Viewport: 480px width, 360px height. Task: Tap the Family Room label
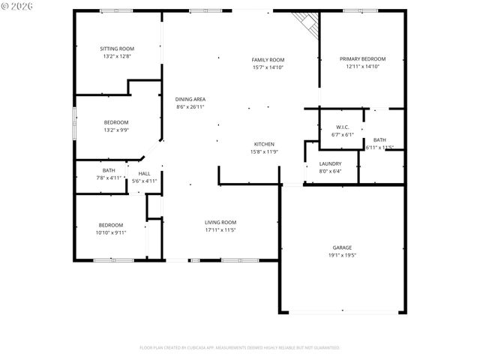click(268, 59)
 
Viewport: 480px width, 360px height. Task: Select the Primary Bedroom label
click(362, 58)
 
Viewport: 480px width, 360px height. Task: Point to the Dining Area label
click(190, 99)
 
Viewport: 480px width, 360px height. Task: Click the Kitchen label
click(264, 144)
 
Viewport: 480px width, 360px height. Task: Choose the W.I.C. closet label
click(342, 127)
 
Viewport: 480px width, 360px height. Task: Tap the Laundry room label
click(330, 163)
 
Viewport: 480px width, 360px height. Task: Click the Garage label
click(342, 247)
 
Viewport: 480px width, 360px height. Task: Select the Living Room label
click(220, 222)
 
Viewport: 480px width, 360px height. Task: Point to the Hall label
click(144, 173)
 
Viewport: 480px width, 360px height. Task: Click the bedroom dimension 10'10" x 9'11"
click(111, 232)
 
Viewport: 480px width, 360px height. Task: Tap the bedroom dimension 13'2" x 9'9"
click(115, 130)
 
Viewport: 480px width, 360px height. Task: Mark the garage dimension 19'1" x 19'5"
click(342, 255)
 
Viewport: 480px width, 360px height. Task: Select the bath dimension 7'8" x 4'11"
click(109, 178)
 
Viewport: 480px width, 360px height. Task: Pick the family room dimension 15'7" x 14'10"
click(268, 67)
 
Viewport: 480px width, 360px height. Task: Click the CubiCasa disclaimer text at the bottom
click(240, 347)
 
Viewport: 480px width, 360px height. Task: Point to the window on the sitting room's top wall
click(112, 10)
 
